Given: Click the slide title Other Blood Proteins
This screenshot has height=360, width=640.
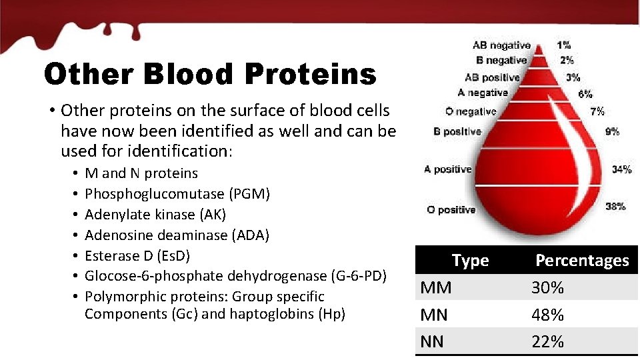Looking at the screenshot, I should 209,75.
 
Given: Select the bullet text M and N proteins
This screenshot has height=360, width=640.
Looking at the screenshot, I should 141,173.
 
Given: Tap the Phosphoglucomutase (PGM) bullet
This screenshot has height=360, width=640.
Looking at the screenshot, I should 177,194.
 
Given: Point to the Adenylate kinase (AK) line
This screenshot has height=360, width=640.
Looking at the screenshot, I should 155,215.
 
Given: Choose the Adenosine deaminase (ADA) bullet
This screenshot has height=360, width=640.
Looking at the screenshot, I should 177,235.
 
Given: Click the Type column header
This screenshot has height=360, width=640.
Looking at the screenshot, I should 470,261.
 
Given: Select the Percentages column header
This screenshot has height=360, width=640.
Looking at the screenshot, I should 582,261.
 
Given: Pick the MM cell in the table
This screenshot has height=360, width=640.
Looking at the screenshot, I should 436,288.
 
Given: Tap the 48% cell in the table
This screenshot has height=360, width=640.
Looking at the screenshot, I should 547,315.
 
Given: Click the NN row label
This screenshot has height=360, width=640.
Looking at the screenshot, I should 432,342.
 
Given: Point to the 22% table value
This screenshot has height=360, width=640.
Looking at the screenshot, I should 547,342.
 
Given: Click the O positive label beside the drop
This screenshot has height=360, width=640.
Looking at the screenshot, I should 451,210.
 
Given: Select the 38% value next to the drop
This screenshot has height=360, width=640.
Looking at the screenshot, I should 615,207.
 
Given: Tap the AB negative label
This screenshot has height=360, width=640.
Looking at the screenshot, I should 501,45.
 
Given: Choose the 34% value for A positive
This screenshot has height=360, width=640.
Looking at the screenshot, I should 621,169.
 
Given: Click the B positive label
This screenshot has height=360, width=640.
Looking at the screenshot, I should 457,132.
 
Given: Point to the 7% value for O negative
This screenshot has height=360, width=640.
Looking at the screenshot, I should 597,111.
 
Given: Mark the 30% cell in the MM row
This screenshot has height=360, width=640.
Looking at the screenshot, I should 547,288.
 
